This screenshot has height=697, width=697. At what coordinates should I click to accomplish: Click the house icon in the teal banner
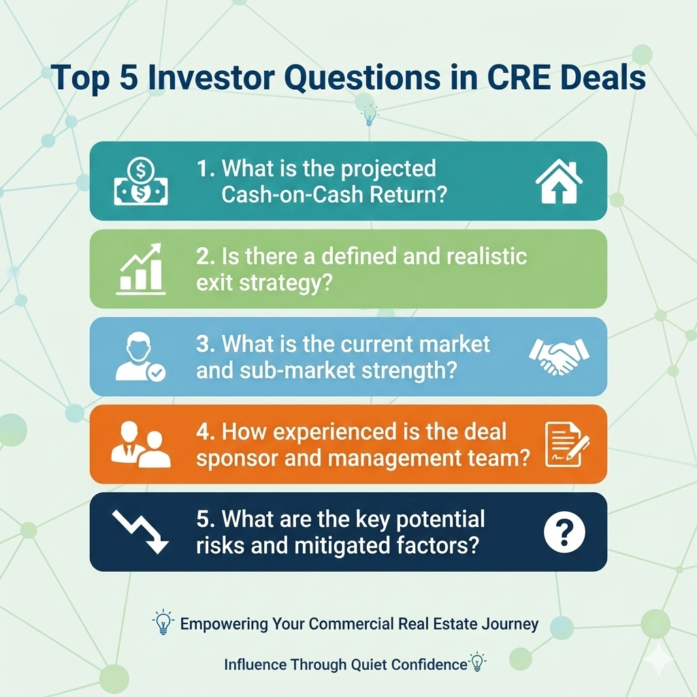pyautogui.click(x=559, y=182)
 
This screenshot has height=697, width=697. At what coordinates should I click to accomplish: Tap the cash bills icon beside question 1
pyautogui.click(x=141, y=182)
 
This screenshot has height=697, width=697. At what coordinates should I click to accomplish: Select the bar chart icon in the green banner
pyautogui.click(x=141, y=269)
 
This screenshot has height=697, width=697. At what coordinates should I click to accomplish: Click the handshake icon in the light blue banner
pyautogui.click(x=560, y=357)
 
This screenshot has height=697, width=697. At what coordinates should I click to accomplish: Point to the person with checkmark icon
pyautogui.click(x=140, y=358)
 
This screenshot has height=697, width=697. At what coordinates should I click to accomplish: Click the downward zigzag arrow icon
pyautogui.click(x=140, y=532)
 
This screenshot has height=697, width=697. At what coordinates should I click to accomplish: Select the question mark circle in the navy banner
pyautogui.click(x=564, y=532)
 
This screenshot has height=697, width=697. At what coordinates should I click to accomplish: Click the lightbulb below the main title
pyautogui.click(x=369, y=115)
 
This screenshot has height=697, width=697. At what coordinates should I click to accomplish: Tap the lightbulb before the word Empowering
pyautogui.click(x=163, y=621)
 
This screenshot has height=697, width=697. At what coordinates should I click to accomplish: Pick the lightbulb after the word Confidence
pyautogui.click(x=477, y=662)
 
